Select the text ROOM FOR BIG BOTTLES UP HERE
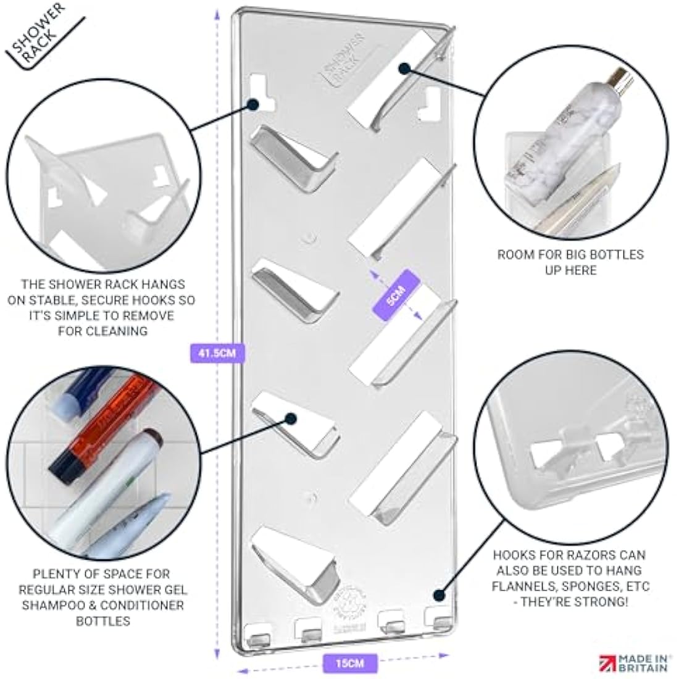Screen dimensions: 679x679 (570, 262)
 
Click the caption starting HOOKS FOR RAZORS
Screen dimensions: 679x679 (570, 578)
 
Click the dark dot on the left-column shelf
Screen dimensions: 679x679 (290, 419)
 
